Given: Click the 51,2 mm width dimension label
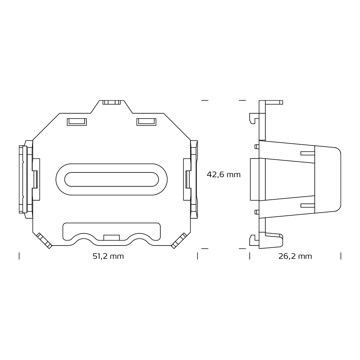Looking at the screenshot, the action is (108, 256).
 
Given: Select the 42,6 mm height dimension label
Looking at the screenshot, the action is (223, 174).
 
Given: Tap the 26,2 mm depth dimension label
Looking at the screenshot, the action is (296, 256).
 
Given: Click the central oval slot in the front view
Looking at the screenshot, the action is (112, 179).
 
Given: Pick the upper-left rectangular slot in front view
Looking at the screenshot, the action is (77, 122).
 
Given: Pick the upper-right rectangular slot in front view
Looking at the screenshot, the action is (146, 122).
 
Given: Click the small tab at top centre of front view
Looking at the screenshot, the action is (111, 102).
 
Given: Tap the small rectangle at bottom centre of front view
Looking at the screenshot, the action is (111, 237).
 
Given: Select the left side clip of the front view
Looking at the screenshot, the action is (29, 179).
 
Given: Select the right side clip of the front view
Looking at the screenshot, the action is (191, 179).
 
